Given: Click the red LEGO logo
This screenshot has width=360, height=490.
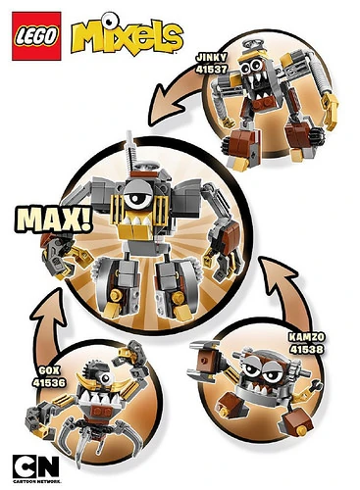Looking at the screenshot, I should (x=33, y=34).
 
